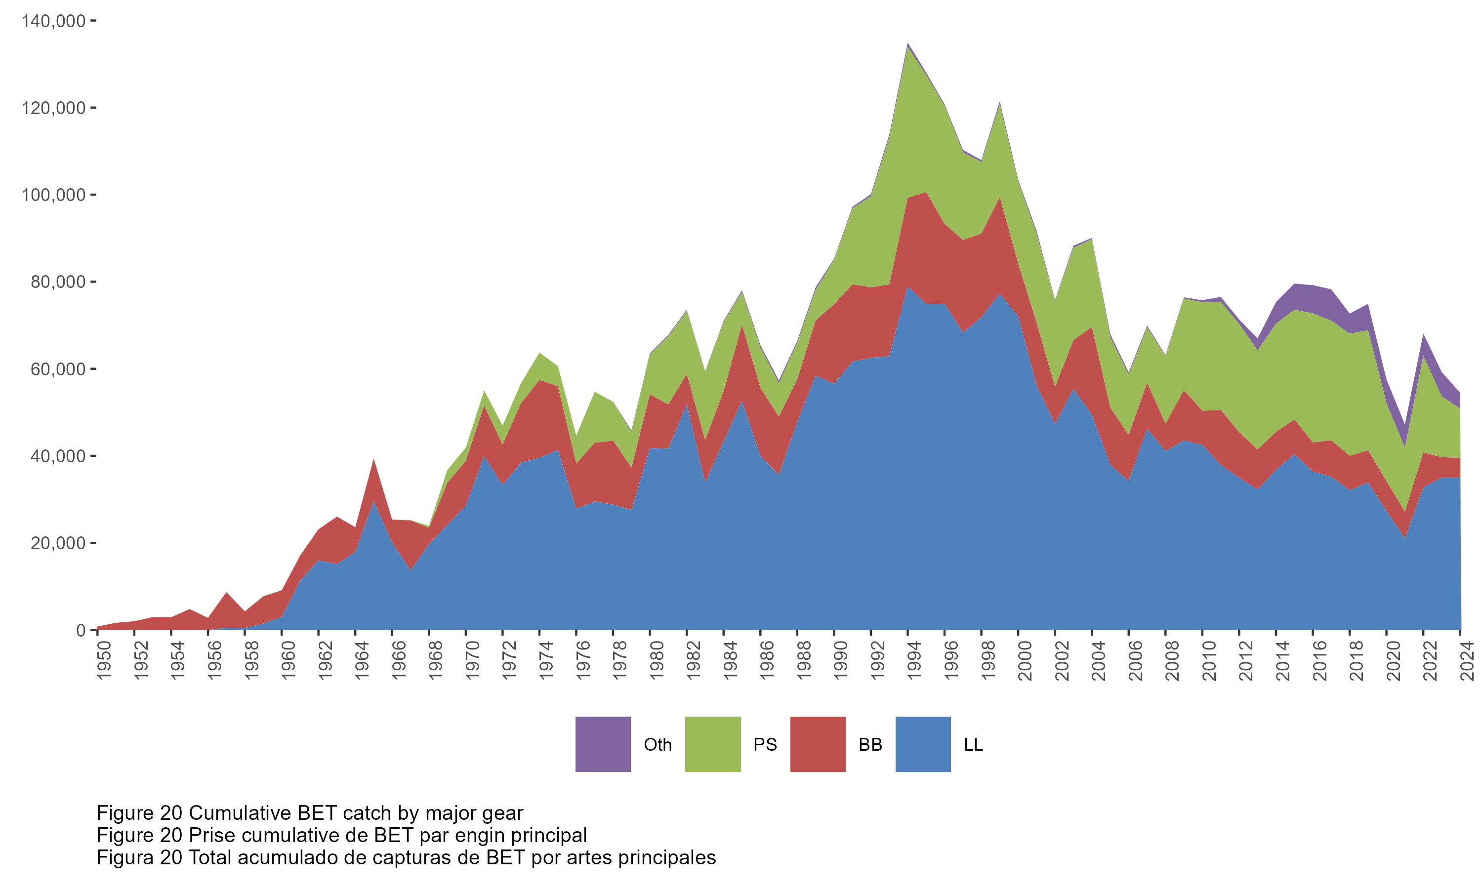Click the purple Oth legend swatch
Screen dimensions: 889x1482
(603, 744)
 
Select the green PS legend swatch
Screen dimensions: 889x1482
(712, 744)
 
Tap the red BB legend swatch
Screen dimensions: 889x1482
(818, 744)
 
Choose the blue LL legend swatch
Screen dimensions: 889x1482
(922, 744)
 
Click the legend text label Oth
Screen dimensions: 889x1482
(657, 745)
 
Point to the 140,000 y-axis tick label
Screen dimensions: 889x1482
(53, 21)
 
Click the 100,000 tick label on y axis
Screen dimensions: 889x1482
(53, 195)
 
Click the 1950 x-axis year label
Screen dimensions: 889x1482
(104, 660)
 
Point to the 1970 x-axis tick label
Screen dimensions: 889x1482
(473, 660)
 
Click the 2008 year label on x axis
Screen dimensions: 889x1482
(1172, 660)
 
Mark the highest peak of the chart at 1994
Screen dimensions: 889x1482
(908, 44)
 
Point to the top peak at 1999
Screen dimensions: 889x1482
(1000, 103)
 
